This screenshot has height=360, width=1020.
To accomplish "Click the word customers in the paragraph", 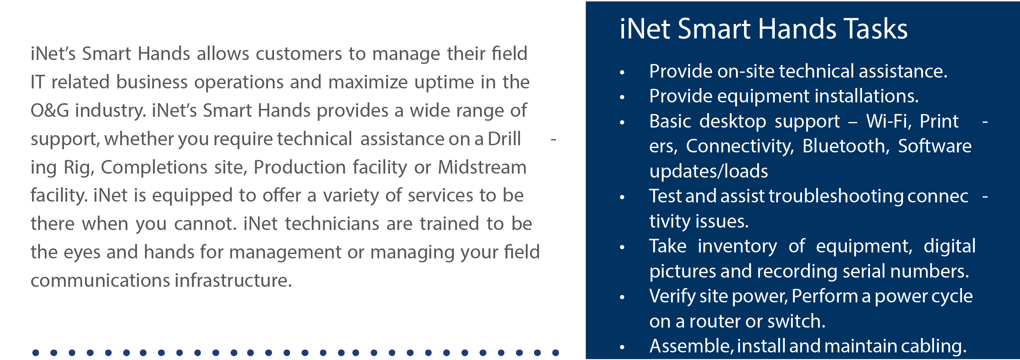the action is pyautogui.click(x=298, y=54).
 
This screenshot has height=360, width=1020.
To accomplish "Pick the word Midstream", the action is pyautogui.click(x=482, y=167).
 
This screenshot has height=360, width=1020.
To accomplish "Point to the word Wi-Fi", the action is pyautogui.click(x=888, y=121).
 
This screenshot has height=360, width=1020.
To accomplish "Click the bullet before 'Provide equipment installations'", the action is pyautogui.click(x=622, y=97).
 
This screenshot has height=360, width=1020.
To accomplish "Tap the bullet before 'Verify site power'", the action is pyautogui.click(x=622, y=297).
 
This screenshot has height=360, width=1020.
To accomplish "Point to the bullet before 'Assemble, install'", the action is pyautogui.click(x=622, y=347).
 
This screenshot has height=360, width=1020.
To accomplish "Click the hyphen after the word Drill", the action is pyautogui.click(x=554, y=140).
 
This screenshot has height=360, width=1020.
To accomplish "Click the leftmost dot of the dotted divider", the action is pyautogui.click(x=36, y=353).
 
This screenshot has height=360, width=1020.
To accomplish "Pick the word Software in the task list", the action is pyautogui.click(x=935, y=146).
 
